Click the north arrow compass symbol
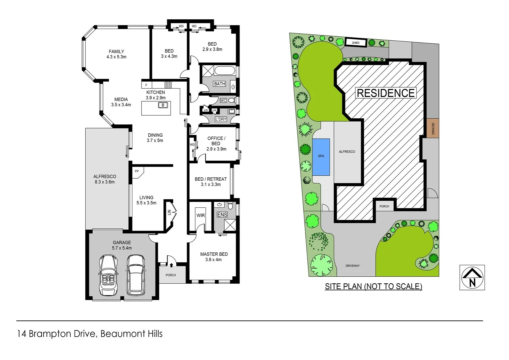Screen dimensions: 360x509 472,277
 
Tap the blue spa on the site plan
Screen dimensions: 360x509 321,157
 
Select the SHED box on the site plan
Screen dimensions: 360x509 356,43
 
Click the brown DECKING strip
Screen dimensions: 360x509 433,128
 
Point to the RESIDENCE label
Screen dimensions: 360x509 385,93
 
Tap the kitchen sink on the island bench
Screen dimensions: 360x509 163,105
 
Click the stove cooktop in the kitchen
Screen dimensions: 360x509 168,85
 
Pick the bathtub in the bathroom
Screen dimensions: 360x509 225,71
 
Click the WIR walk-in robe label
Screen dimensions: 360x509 201,215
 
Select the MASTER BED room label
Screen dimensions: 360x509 214,254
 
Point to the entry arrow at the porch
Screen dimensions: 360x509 171,265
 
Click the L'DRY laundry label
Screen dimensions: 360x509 221,119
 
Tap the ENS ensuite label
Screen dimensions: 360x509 222,215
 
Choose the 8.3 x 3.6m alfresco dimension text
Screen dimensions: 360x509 105,182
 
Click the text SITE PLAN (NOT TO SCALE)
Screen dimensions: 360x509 373,286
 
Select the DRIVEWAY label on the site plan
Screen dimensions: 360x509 352,266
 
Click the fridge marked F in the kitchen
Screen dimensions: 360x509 146,85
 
